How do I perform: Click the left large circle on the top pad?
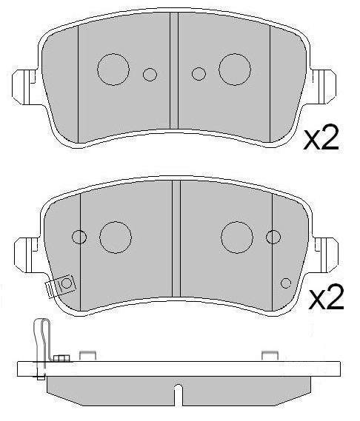(113, 68)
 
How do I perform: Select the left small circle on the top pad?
(150, 74)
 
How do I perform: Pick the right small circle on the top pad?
(199, 73)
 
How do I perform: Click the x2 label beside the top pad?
(321, 139)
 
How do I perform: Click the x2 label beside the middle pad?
(326, 299)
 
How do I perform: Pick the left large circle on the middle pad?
(116, 236)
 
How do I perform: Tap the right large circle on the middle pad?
(238, 236)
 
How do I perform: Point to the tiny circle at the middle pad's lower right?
(286, 281)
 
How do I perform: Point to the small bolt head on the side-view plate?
(61, 360)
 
